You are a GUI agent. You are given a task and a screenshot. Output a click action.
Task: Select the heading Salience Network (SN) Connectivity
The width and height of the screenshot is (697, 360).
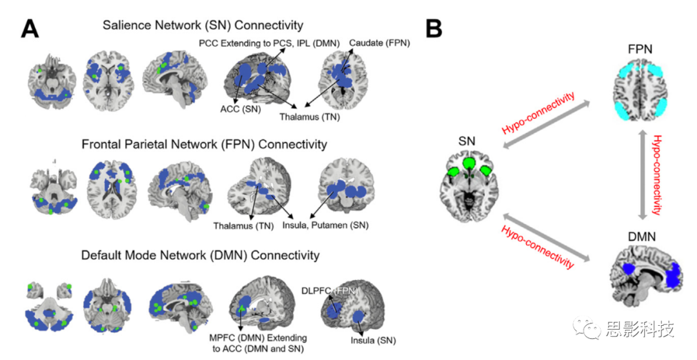(203, 26)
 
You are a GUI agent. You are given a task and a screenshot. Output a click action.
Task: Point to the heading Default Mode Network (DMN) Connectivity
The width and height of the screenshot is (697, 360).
(200, 255)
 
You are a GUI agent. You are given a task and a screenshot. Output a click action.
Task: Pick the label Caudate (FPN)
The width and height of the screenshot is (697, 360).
(379, 43)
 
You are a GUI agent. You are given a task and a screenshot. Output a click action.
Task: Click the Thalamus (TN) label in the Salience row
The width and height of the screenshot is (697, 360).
(309, 117)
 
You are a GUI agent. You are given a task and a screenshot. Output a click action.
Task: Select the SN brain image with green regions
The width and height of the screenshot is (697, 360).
(470, 183)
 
